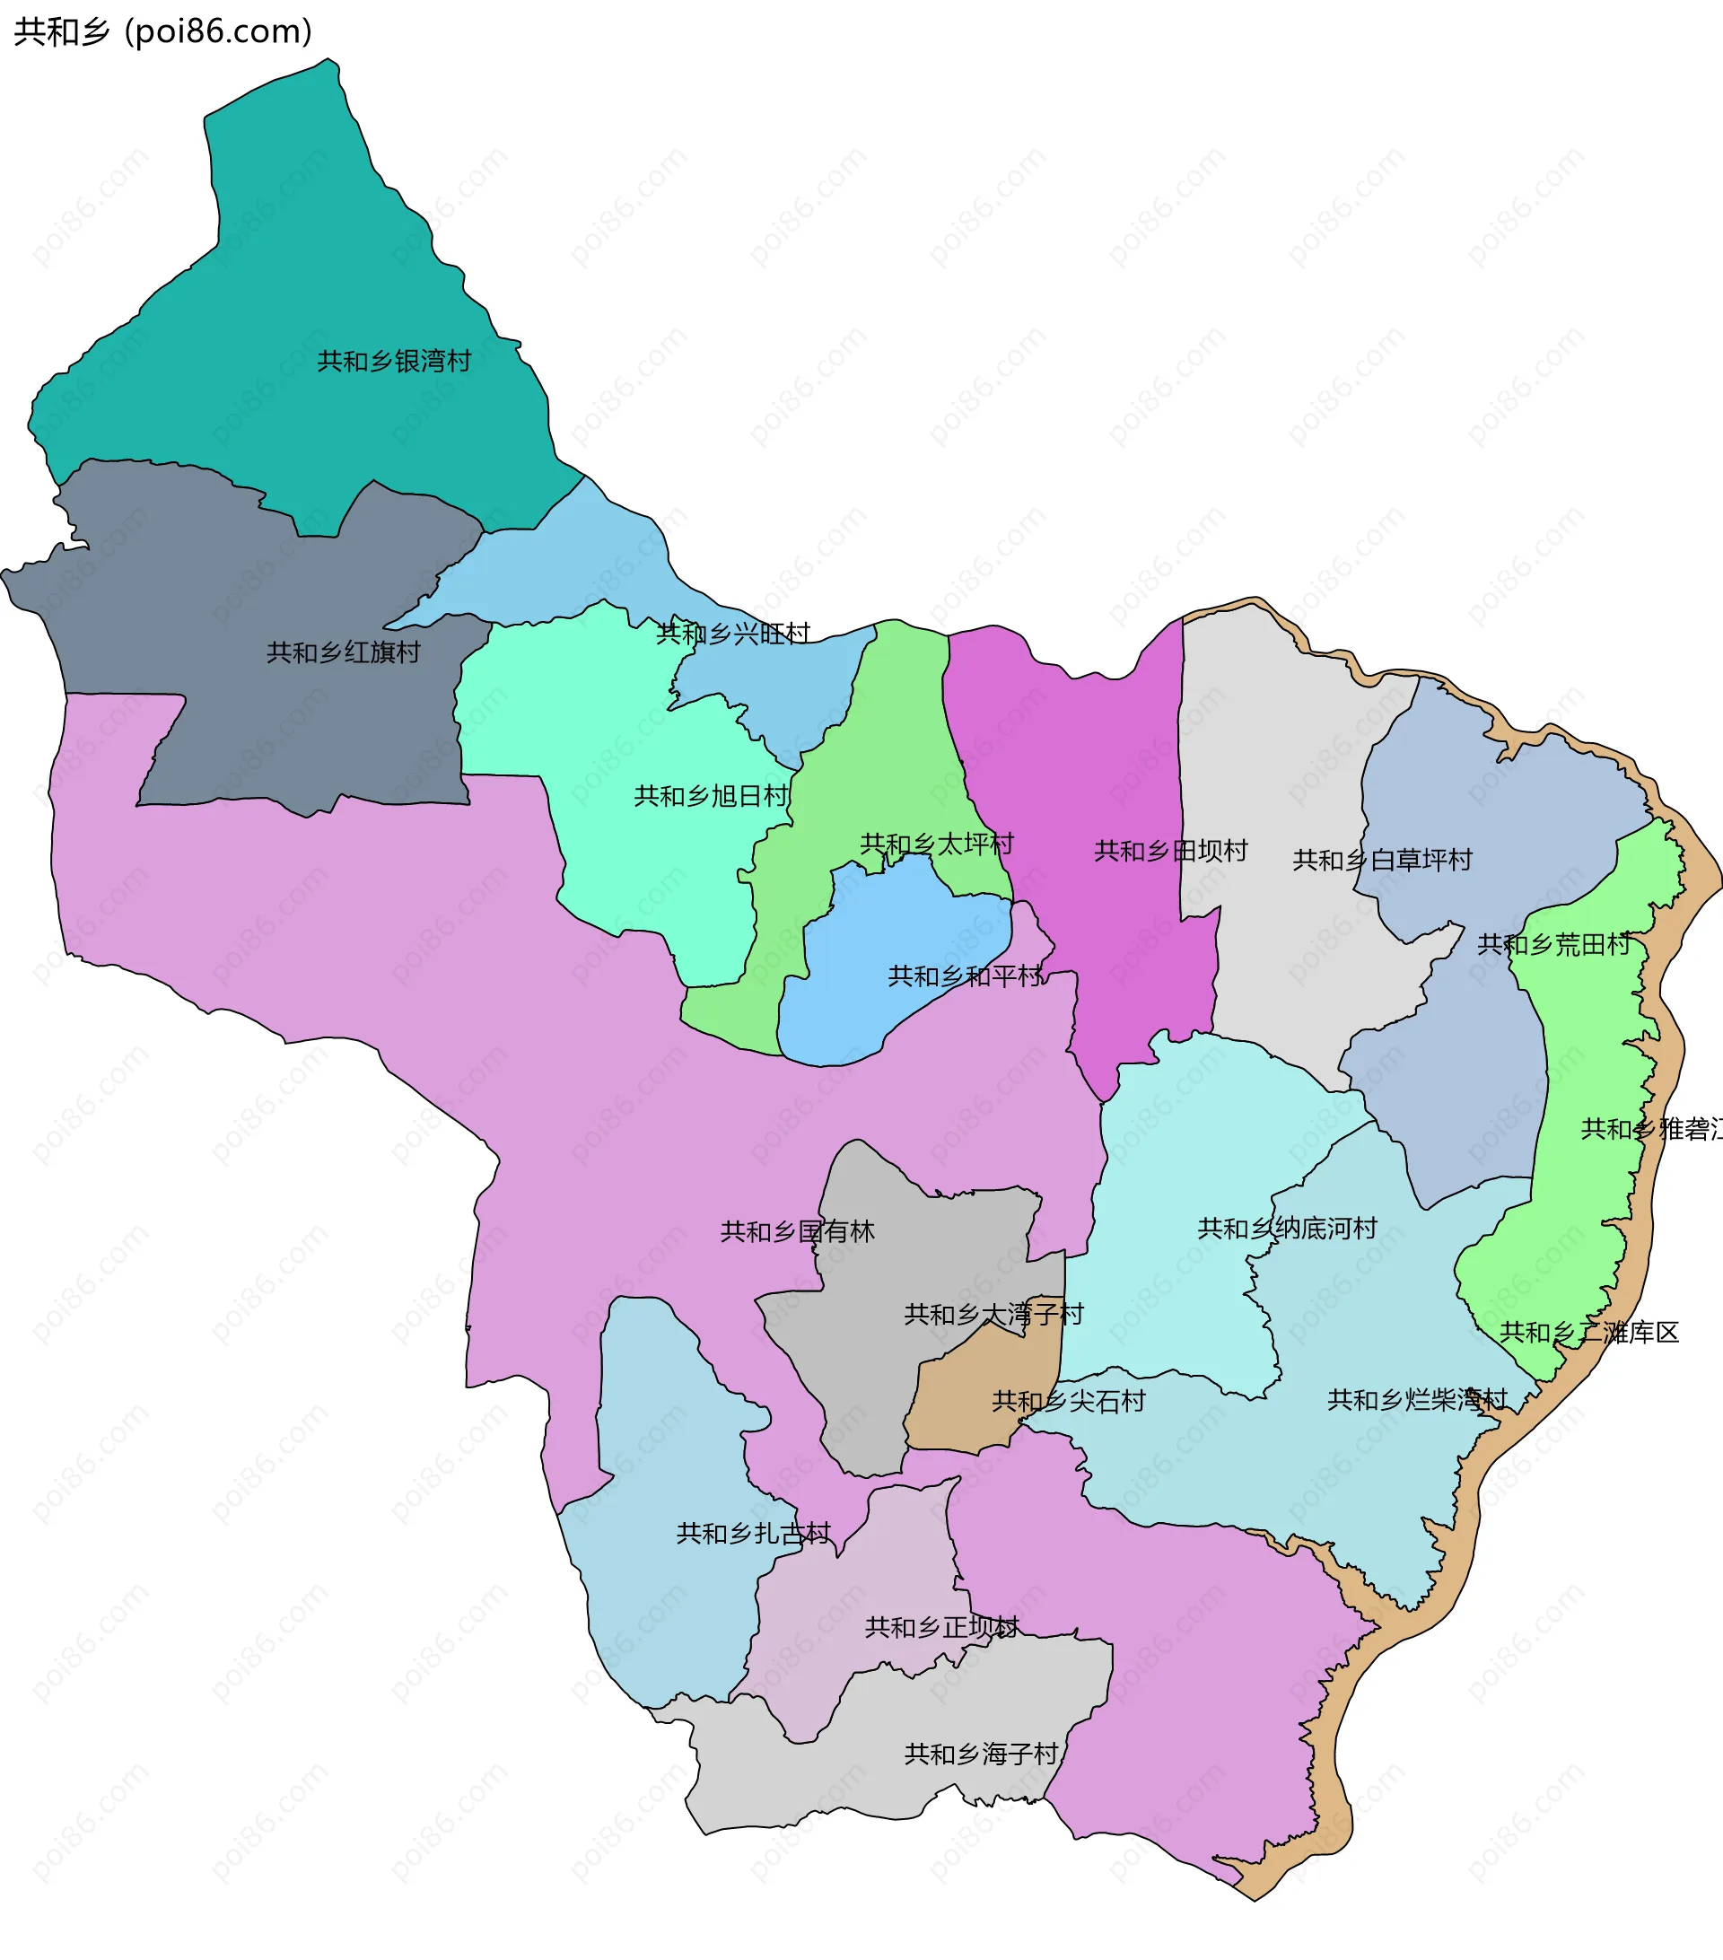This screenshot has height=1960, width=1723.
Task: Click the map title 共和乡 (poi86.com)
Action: [x=163, y=31]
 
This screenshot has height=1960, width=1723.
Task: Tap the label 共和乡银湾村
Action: [x=394, y=362]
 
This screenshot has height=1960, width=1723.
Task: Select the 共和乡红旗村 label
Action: [x=344, y=653]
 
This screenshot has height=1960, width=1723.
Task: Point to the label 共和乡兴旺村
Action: [x=733, y=634]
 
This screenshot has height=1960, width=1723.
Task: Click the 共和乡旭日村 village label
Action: [x=711, y=797]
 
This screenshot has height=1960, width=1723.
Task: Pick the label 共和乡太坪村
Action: [x=937, y=844]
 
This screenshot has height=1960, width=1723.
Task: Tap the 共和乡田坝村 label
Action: [x=1171, y=852]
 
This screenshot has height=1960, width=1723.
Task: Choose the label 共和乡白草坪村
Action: [x=1382, y=860]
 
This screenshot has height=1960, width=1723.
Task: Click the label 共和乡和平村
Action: [x=965, y=977]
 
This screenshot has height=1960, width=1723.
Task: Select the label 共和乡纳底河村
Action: [x=1287, y=1229]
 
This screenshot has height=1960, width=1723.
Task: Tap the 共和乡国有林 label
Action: [x=798, y=1232]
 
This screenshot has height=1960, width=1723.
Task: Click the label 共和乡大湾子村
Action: [x=993, y=1315]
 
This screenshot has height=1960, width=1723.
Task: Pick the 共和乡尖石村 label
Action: [x=1068, y=1402]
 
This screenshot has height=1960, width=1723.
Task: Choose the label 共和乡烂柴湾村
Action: [x=1417, y=1401]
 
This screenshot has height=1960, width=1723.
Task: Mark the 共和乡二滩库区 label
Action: [x=1588, y=1333]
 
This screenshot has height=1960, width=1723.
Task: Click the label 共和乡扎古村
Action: [x=754, y=1535]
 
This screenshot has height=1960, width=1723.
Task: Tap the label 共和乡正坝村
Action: [x=941, y=1628]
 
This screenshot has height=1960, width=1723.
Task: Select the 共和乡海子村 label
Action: [x=981, y=1754]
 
